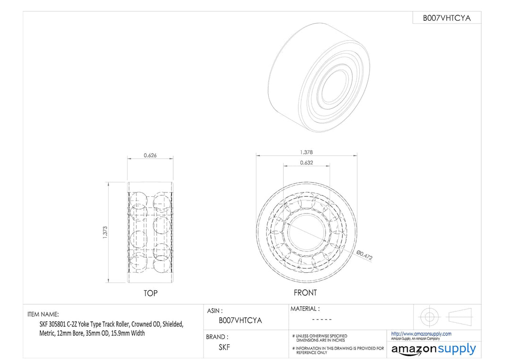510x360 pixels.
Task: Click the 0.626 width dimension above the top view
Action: tap(151, 155)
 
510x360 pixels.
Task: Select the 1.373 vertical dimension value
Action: tap(105, 231)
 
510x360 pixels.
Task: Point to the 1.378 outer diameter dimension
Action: tap(306, 152)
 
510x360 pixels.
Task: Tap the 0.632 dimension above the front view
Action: tap(306, 163)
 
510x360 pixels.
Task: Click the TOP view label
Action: tap(151, 293)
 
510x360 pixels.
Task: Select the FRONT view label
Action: tap(306, 293)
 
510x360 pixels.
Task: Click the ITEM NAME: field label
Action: tap(43, 314)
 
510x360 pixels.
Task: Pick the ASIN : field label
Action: tap(215, 311)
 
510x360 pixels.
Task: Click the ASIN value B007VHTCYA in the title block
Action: tap(240, 320)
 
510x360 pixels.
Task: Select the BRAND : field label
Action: tap(217, 337)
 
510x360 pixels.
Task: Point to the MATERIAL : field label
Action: tap(305, 309)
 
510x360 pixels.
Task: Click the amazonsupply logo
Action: tap(433, 350)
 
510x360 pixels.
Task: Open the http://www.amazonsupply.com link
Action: tap(421, 334)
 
